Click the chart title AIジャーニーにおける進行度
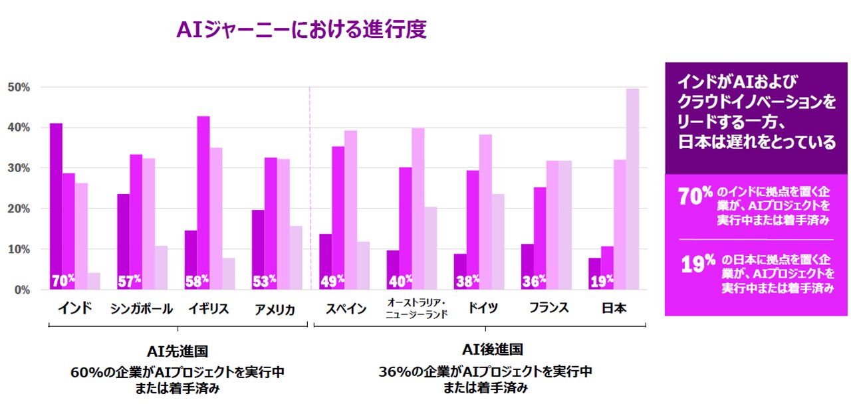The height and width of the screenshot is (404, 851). [301, 29]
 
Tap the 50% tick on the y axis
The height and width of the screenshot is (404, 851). [19, 87]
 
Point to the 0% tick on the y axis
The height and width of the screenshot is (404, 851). [21, 290]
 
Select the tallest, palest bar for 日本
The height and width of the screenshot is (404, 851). [632, 189]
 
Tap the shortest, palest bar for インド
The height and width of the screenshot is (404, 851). [94, 281]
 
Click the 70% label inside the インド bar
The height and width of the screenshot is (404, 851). [63, 281]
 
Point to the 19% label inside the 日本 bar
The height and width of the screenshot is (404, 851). [602, 281]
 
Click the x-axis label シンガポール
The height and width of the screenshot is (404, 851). [142, 309]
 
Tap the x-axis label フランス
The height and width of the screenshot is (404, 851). [549, 308]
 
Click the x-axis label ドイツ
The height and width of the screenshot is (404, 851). [482, 308]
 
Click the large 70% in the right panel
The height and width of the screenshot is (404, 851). [695, 197]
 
